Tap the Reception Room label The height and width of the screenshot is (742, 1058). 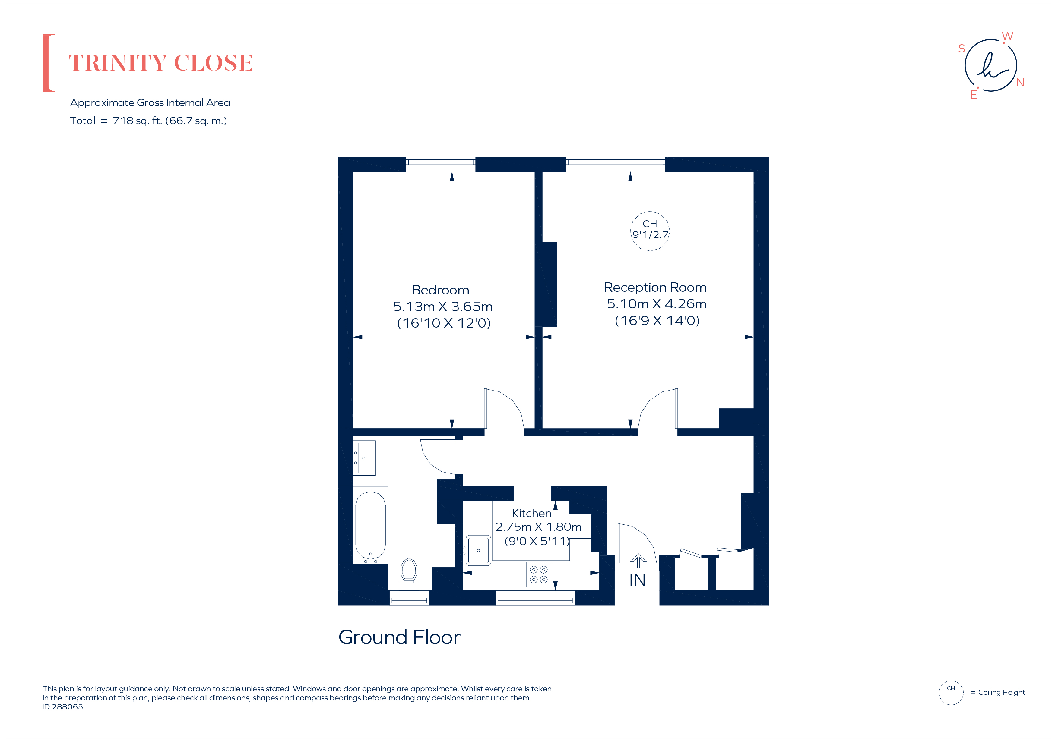[655, 288]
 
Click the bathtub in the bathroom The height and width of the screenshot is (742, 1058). [370, 525]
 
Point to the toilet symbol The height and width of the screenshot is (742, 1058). [409, 574]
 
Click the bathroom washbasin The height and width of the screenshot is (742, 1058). [365, 458]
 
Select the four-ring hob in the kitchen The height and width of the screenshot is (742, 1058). [539, 574]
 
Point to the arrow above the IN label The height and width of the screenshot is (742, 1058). [638, 561]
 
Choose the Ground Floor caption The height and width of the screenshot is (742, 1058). [399, 637]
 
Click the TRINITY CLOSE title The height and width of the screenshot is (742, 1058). [161, 63]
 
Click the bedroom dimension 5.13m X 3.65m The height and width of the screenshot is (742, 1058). [443, 307]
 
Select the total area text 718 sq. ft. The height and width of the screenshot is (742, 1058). [137, 121]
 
